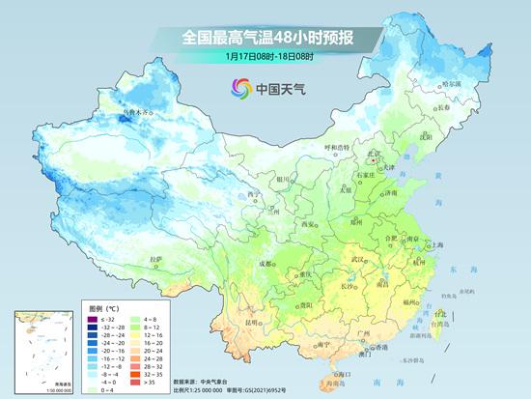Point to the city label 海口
[x=338, y=374]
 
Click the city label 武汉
[x=359, y=259]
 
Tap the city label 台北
[x=442, y=314]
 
